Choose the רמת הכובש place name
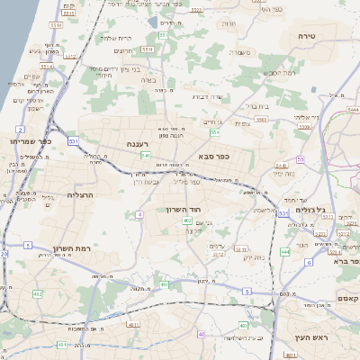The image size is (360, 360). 280,72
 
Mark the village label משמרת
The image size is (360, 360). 240,53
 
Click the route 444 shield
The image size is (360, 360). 285,252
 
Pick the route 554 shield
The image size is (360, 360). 215,132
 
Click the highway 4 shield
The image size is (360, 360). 139,214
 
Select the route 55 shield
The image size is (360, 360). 300,159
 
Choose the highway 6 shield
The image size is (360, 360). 308,263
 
